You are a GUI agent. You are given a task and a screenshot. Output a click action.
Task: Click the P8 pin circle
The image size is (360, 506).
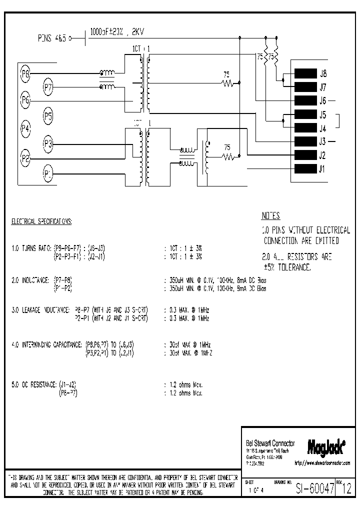[25, 74]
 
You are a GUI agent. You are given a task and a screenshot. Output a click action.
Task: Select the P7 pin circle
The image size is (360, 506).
[48, 88]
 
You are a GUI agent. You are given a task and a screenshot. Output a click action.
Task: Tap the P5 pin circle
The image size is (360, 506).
[48, 117]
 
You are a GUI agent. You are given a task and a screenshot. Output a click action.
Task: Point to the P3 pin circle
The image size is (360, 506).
[48, 144]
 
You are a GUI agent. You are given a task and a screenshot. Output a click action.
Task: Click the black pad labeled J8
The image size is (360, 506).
[305, 73]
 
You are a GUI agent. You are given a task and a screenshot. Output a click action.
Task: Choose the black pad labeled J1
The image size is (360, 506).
[305, 168]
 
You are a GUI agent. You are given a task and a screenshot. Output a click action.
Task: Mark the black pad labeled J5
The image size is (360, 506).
[305, 114]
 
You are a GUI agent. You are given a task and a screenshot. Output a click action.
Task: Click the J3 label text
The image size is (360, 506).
[322, 141]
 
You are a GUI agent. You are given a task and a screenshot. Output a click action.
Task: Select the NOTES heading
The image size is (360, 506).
[271, 216]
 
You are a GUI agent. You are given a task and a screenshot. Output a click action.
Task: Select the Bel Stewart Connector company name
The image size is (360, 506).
[270, 443]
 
